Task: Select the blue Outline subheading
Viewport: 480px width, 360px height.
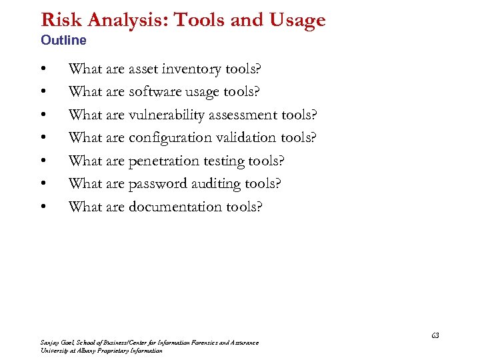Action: click(x=63, y=40)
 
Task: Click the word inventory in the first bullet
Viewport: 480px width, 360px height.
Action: click(x=194, y=69)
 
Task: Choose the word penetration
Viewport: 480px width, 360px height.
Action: click(x=163, y=161)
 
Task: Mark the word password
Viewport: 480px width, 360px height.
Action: click(x=157, y=183)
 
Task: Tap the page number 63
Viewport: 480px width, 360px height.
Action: click(x=435, y=335)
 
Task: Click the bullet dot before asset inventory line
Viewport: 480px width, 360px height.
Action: click(x=43, y=69)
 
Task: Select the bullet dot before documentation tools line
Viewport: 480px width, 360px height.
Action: click(x=43, y=207)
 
